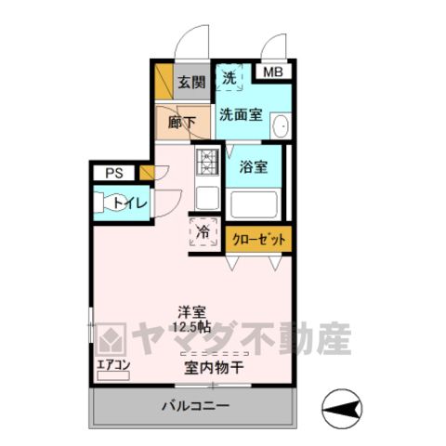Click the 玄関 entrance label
pyautogui.click(x=191, y=83)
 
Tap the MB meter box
pyautogui.click(x=273, y=72)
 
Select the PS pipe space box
pyautogui.click(x=114, y=173)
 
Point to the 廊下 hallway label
pyautogui.click(x=182, y=123)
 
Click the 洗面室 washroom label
pyautogui.click(x=242, y=114)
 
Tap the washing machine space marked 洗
pyautogui.click(x=230, y=77)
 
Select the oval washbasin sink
pyautogui.click(x=282, y=125)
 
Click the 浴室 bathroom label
pyautogui.click(x=254, y=167)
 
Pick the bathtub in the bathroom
pyautogui.click(x=254, y=205)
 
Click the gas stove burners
pyautogui.click(x=207, y=162)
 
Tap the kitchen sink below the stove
pyautogui.click(x=207, y=198)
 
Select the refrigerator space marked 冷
pyautogui.click(x=203, y=232)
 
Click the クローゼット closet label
pyautogui.click(x=258, y=240)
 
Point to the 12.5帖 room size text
pyautogui.click(x=192, y=327)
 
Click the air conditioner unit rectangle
pyautogui.click(x=113, y=375)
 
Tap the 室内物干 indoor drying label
pyautogui.click(x=214, y=368)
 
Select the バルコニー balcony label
pyautogui.click(x=196, y=405)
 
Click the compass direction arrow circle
pyautogui.click(x=342, y=409)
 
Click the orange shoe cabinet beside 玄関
pyautogui.click(x=164, y=82)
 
